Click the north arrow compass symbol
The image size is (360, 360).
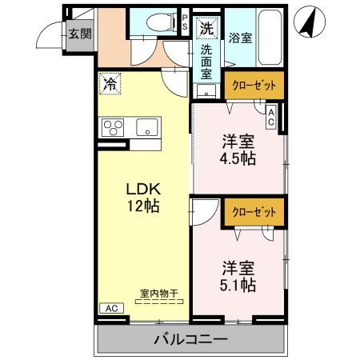307,22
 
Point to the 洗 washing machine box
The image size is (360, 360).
206,28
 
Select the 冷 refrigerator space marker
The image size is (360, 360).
109,82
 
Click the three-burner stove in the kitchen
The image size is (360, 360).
113,127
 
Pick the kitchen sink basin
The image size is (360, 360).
148,127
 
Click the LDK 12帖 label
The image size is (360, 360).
144,197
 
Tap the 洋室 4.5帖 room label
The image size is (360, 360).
238,150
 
